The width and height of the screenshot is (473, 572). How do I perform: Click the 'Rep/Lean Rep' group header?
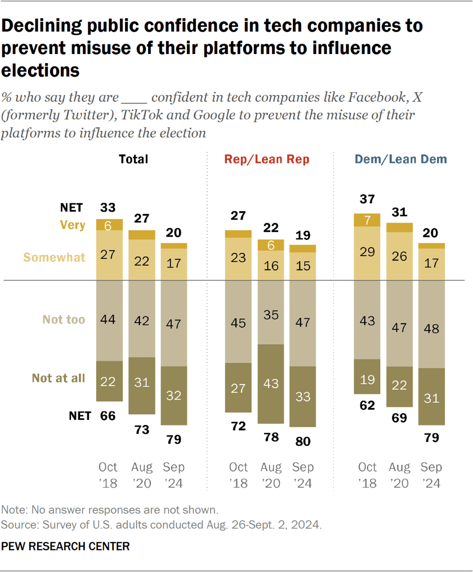coord(267,159)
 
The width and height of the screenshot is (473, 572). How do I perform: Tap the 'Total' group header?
coord(133,159)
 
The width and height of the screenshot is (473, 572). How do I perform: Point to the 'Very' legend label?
coord(72,225)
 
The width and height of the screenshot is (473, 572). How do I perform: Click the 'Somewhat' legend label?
coord(54,257)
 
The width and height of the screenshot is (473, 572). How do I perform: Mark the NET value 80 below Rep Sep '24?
coord(302,441)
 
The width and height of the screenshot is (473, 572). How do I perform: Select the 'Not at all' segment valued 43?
coord(270,383)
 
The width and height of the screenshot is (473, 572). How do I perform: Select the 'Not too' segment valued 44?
coord(108,319)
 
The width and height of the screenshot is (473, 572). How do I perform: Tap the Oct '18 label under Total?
coord(108,476)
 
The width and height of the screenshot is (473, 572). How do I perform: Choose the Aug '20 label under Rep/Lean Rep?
coord(270,476)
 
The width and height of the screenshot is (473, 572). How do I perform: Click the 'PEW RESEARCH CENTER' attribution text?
coord(65,546)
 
